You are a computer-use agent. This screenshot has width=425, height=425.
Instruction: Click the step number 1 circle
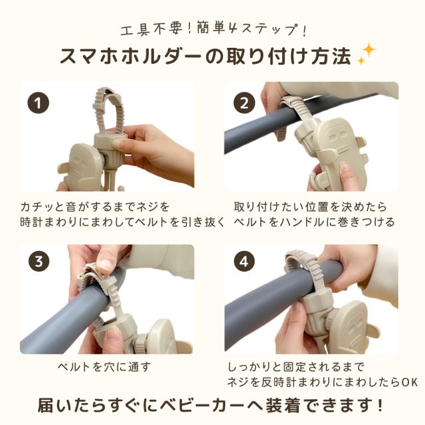click(x=39, y=104)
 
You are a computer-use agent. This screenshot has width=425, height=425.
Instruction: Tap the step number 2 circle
click(x=244, y=104)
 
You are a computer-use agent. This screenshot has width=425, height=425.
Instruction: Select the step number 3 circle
click(x=39, y=262)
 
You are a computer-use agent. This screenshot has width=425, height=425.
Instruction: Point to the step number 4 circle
click(x=244, y=262)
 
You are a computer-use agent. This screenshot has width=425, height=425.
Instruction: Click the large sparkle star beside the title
click(x=369, y=50)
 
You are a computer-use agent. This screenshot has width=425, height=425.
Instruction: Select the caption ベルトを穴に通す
click(x=104, y=367)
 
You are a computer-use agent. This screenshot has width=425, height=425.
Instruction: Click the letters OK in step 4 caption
click(x=410, y=382)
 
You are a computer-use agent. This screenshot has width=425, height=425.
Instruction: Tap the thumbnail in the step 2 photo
click(x=346, y=167)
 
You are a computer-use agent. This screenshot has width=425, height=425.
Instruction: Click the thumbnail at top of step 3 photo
click(x=105, y=263)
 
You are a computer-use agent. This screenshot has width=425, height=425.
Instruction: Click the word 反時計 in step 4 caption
click(x=278, y=382)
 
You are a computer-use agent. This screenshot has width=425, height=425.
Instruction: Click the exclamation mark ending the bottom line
click(x=379, y=406)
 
